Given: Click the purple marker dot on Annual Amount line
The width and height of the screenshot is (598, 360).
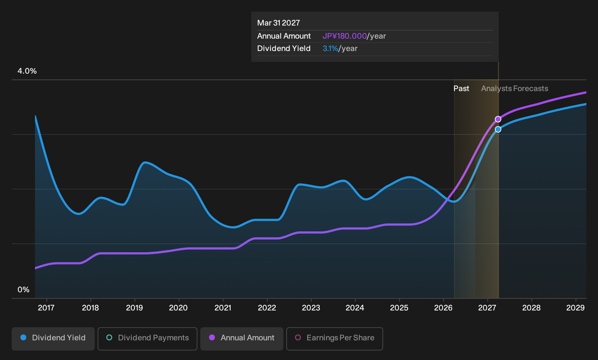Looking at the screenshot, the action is tap(498, 119).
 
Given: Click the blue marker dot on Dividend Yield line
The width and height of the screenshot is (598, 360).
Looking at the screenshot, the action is tap(498, 129).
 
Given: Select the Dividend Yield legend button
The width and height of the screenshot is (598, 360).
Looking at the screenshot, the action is tap(53, 339).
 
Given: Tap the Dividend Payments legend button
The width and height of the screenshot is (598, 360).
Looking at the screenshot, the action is tap(147, 339).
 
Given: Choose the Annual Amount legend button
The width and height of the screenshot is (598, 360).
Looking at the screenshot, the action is tap(241, 339).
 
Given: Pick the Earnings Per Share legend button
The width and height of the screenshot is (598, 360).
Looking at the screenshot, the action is tap(334, 339).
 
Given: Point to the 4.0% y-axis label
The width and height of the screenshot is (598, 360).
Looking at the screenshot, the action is tap(27, 71).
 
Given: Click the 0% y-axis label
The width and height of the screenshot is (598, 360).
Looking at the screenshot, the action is tap(24, 290).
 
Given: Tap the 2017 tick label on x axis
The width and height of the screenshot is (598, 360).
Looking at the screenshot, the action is tap(46, 308).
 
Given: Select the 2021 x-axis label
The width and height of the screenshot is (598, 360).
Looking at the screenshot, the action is tap(223, 308).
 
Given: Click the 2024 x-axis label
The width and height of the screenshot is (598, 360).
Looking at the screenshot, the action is tap(355, 308).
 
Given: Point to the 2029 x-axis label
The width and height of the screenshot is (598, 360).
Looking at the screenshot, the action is tap(575, 308).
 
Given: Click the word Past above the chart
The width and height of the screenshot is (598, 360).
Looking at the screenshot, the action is tap(461, 89).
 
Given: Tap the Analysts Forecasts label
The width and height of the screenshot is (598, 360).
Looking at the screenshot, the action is tap(515, 89).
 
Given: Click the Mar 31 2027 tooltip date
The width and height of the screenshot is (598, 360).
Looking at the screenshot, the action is tap(279, 23).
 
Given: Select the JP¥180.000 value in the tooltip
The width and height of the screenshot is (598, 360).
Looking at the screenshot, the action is tap(345, 36).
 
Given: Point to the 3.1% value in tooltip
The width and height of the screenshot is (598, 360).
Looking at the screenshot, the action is tap(330, 48).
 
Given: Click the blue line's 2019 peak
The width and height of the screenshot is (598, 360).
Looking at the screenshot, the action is tap(145, 162).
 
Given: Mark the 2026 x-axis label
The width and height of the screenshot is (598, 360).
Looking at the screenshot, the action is tap(444, 308).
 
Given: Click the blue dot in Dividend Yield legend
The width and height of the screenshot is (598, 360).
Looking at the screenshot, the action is tap(24, 337).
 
